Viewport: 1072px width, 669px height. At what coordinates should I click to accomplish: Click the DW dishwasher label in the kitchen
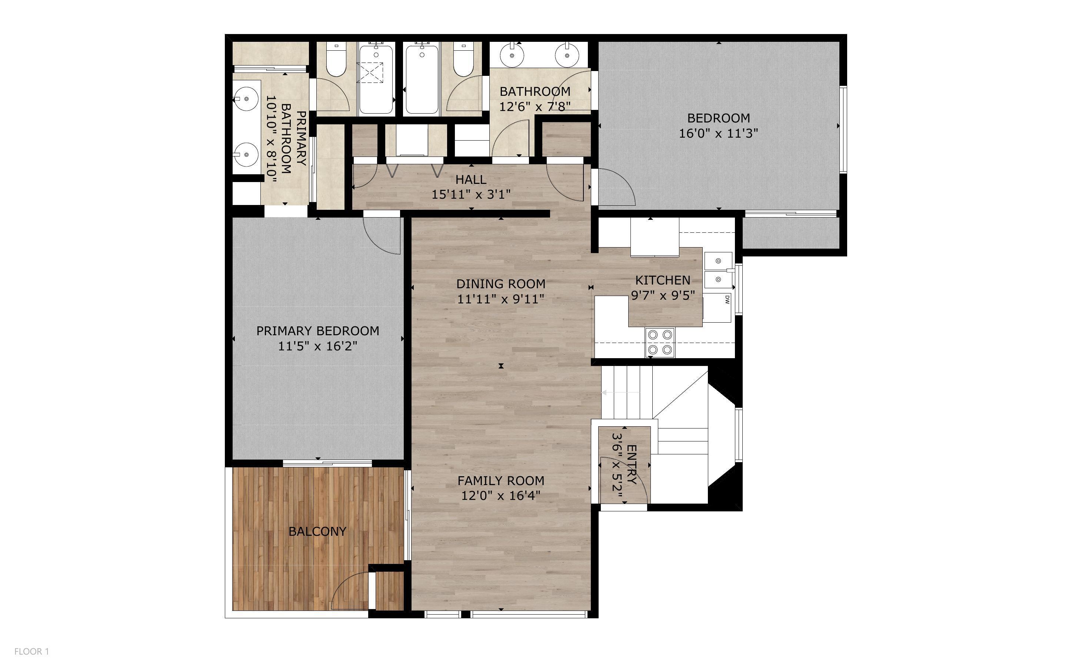click(x=727, y=300)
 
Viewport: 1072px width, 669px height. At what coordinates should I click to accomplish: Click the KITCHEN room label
click(x=662, y=280)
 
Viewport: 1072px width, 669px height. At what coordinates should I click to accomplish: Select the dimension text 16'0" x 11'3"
click(x=718, y=133)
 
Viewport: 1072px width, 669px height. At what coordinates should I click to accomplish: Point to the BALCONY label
click(x=317, y=531)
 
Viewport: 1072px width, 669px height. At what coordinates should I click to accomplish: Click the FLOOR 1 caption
click(x=31, y=651)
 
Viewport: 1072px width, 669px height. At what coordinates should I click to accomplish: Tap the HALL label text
click(x=471, y=179)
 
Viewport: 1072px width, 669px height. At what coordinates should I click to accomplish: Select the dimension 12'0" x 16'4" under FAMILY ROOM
click(x=500, y=495)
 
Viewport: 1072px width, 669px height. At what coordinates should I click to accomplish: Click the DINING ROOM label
click(x=500, y=283)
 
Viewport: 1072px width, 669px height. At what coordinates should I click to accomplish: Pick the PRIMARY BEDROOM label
click(x=317, y=331)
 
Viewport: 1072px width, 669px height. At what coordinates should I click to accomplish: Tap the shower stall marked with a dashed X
click(x=370, y=72)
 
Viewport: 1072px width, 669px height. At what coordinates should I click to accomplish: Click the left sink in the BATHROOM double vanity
click(x=512, y=56)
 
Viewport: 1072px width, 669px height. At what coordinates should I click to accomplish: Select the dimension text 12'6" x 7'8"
click(x=535, y=107)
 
